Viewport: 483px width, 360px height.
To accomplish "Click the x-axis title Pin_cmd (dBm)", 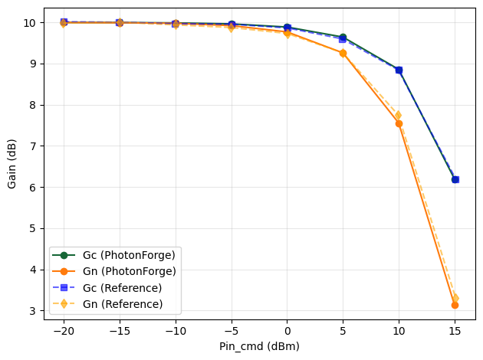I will coord(259,346).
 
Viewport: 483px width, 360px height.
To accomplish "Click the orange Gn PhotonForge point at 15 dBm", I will coord(455,305).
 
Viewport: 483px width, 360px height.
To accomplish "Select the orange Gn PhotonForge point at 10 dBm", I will coord(399,123).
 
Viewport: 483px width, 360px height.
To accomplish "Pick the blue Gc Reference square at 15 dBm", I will coord(455,179).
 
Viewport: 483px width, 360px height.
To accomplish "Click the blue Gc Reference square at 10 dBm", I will coord(399,70).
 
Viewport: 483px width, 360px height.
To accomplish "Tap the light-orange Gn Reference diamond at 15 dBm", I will coord(455,297).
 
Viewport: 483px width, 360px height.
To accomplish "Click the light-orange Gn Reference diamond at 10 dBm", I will coord(398,115).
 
